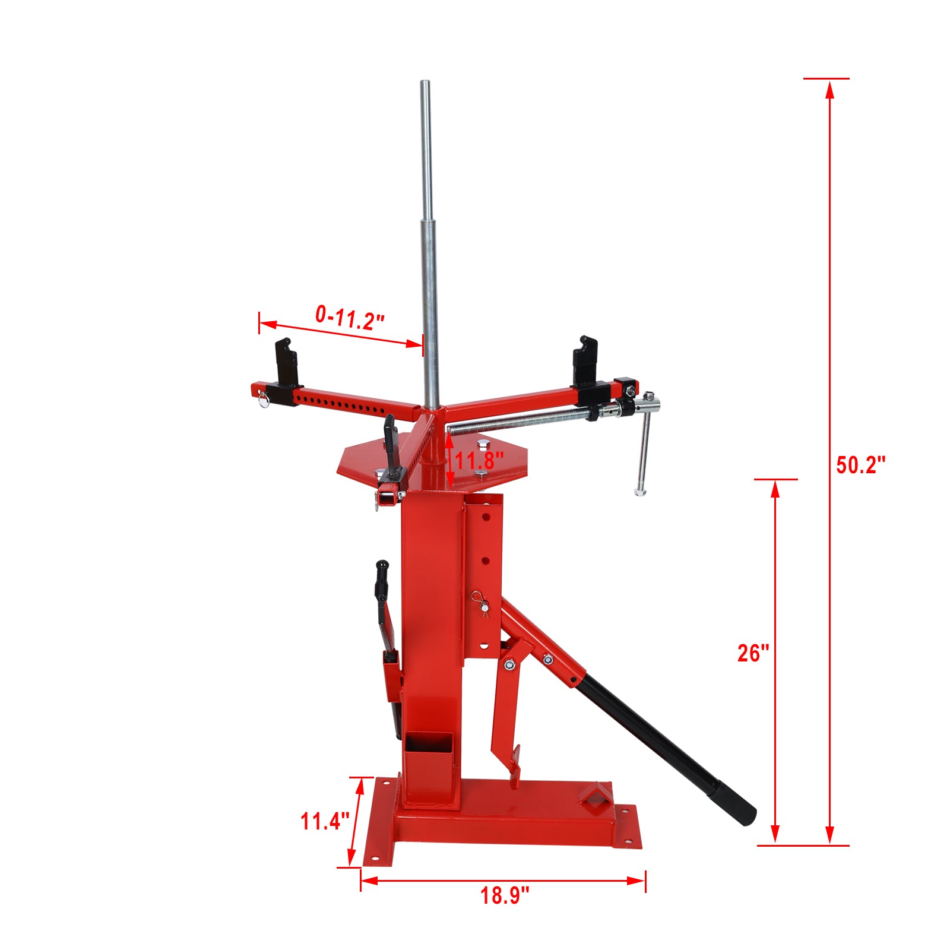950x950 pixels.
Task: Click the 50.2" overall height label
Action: (860, 465)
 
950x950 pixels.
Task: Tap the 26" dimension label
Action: (753, 653)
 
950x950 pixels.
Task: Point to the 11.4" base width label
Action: (324, 822)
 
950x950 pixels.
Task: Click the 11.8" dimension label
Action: (480, 460)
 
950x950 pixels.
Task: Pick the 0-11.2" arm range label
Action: (350, 318)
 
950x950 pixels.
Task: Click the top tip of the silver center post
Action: (425, 83)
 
